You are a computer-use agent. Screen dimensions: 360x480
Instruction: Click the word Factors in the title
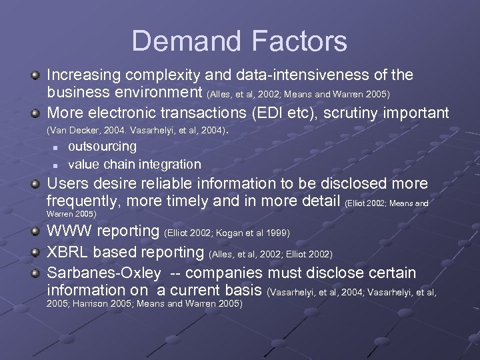(300, 41)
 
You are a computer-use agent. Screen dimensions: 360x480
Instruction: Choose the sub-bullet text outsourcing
(103, 146)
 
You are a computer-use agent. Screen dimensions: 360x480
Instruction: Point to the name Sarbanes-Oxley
(104, 273)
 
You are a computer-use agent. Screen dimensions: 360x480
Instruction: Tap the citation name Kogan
(230, 233)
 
